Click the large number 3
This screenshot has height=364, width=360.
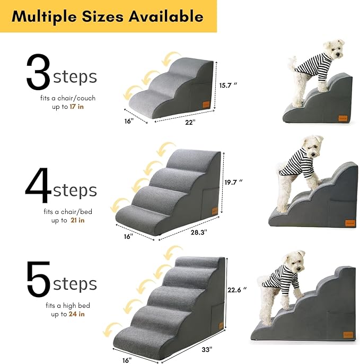(x=38, y=75)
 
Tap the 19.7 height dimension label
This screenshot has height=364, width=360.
(x=234, y=182)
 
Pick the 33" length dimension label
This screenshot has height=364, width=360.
(x=206, y=350)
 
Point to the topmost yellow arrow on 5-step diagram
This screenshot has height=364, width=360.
(x=174, y=251)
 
